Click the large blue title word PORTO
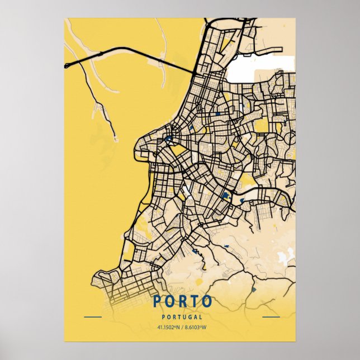coord(182,302)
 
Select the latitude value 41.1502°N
coord(168,327)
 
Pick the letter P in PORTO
coord(158,302)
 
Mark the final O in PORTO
coord(206,302)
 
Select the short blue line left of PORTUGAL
coord(92,317)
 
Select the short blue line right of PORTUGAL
coord(271,317)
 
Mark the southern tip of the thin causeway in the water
coord(115,139)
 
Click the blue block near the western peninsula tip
coord(168,138)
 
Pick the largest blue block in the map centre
coord(226,195)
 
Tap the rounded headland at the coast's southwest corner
coord(101,277)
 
